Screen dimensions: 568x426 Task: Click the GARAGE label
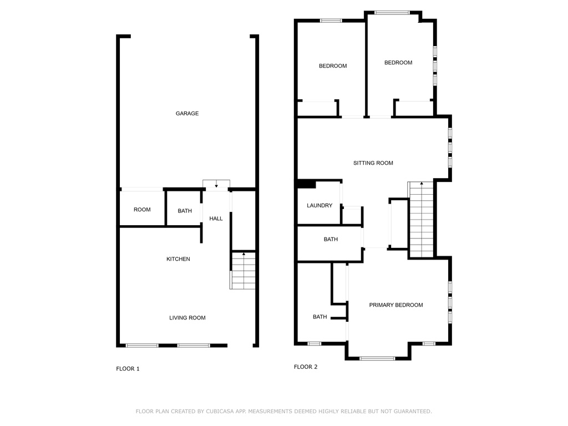[187, 113]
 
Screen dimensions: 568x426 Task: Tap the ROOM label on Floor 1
[142, 209]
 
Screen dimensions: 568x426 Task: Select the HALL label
[216, 219]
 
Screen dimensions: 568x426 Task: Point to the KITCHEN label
[178, 259]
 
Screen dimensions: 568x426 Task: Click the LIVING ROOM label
[187, 318]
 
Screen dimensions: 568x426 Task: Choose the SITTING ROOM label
[373, 163]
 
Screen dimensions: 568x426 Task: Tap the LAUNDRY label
[319, 205]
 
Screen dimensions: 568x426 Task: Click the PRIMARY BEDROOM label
[396, 305]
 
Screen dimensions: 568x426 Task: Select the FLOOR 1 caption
[128, 369]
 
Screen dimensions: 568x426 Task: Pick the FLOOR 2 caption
[306, 367]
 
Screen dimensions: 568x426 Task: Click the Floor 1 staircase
[243, 270]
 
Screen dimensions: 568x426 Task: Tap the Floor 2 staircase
[421, 220]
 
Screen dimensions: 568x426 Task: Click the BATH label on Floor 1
[185, 211]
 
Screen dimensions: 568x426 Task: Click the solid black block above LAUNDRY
[306, 184]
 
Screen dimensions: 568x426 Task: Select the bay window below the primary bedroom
[377, 358]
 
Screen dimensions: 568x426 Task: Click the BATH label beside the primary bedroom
[320, 317]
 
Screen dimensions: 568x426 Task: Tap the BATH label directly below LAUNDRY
[331, 239]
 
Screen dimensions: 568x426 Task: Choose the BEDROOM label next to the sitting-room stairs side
[398, 63]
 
